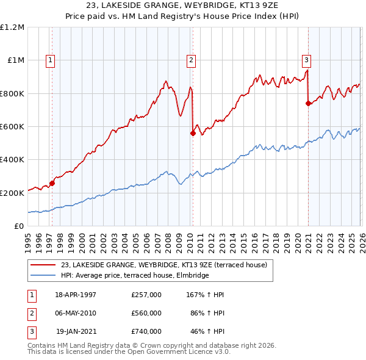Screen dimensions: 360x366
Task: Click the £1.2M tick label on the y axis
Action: click(x=12, y=27)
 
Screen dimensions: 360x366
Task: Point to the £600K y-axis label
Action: click(x=12, y=127)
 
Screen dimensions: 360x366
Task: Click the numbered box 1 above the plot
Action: click(x=49, y=60)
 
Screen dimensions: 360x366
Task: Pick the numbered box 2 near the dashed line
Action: click(x=191, y=60)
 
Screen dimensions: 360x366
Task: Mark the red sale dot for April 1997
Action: click(x=52, y=182)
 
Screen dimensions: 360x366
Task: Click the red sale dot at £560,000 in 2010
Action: click(x=193, y=133)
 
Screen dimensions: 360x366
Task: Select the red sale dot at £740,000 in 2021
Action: click(x=308, y=103)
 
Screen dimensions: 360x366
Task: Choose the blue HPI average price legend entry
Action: click(x=135, y=276)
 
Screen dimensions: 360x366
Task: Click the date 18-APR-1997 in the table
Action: click(x=76, y=295)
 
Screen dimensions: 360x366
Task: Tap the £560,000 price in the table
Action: click(x=146, y=313)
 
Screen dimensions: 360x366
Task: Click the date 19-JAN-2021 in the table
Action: click(x=76, y=331)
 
